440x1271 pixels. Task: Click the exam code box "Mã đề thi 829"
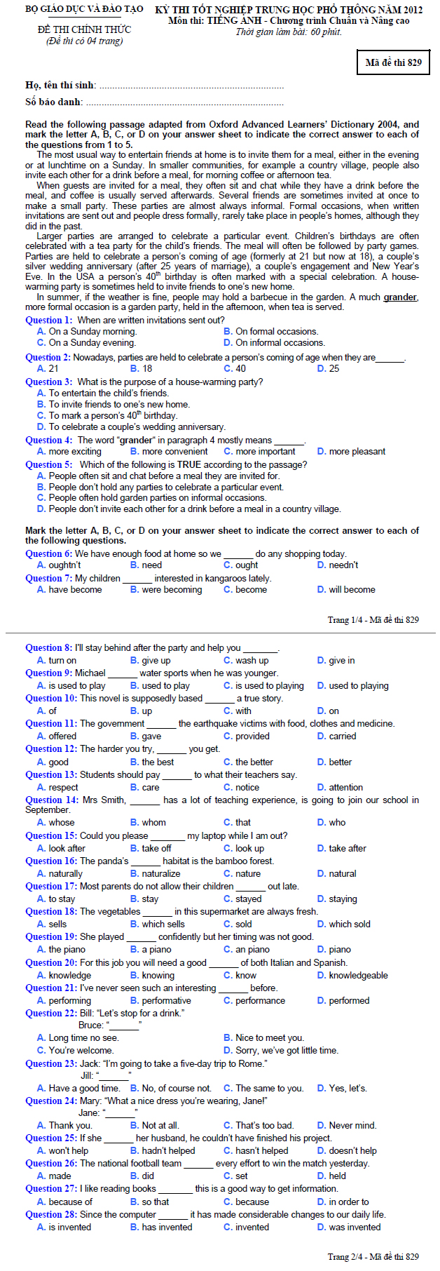[393, 62]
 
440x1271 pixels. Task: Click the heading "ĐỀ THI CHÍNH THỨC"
[84, 29]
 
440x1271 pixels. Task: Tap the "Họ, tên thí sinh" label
[60, 85]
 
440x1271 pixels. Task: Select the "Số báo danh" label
[53, 102]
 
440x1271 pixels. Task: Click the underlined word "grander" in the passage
[400, 297]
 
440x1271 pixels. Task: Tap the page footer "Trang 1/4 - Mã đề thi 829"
[373, 619]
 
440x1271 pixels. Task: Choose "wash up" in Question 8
[246, 660]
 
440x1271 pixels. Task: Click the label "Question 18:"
[51, 911]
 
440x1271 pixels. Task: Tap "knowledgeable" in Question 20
[352, 975]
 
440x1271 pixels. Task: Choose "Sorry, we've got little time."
[281, 1050]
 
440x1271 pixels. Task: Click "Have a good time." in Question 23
[78, 1088]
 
